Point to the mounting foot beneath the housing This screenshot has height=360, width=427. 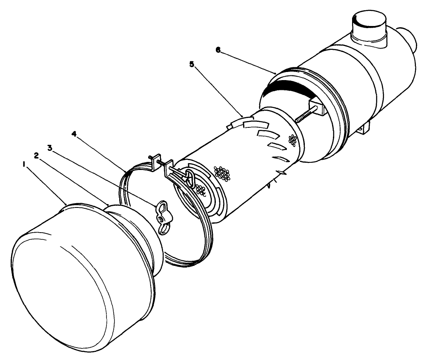click(x=365, y=129)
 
